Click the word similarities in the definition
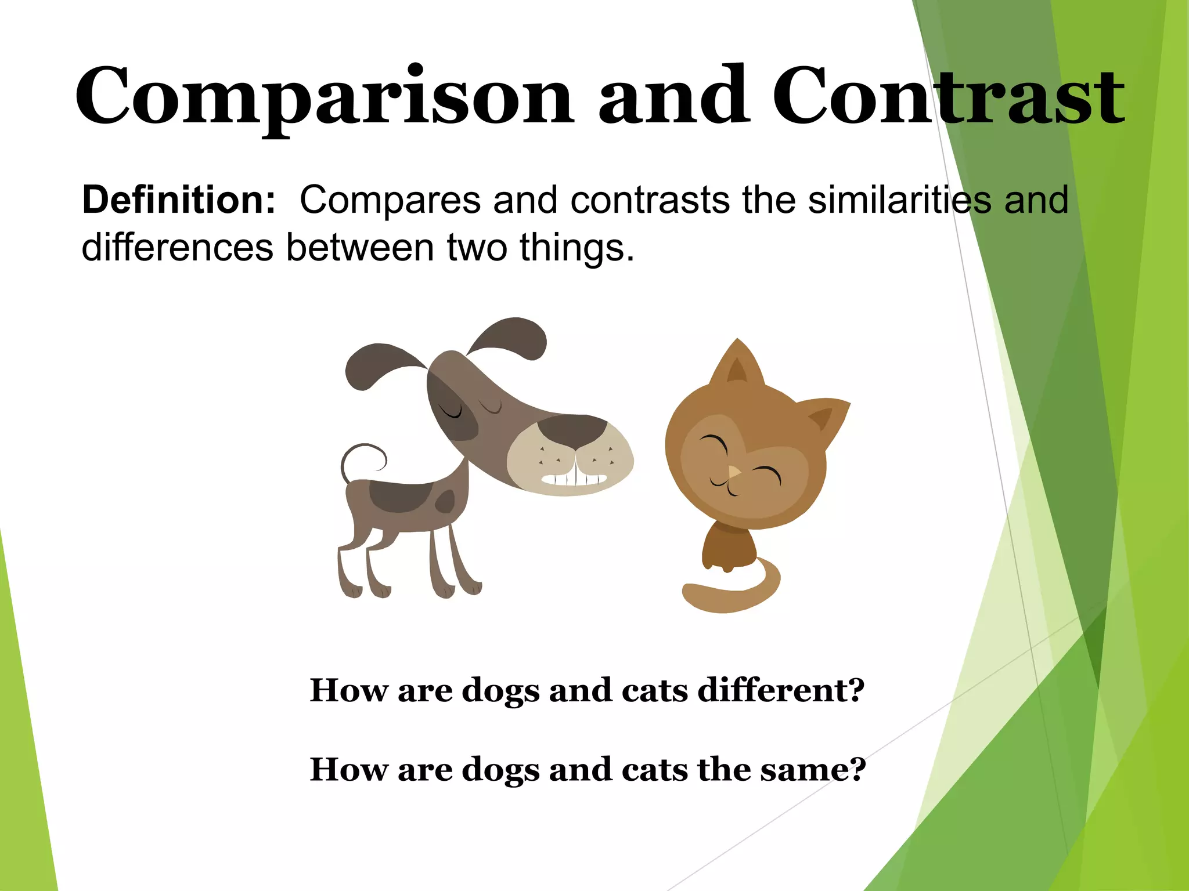click(x=899, y=200)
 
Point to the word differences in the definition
click(x=177, y=248)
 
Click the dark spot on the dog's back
click(x=401, y=496)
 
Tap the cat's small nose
click(x=734, y=472)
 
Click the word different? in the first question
click(x=781, y=690)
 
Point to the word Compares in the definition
click(x=390, y=200)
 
